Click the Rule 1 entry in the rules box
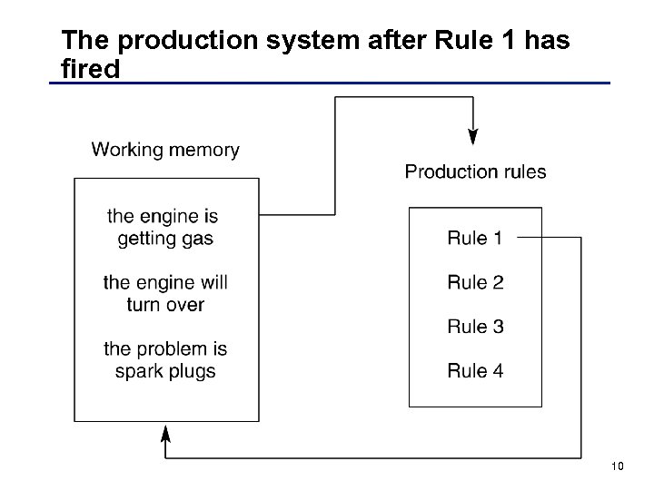point(474,239)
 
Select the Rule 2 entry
point(474,282)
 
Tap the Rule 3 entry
point(474,327)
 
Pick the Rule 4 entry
point(474,370)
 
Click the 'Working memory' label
point(165,150)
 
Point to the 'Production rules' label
point(475,171)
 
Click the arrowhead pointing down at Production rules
point(472,136)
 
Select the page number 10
point(617,466)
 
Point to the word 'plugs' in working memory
point(192,372)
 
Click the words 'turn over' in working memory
point(165,305)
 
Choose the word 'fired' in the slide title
point(90,68)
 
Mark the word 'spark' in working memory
point(139,372)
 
